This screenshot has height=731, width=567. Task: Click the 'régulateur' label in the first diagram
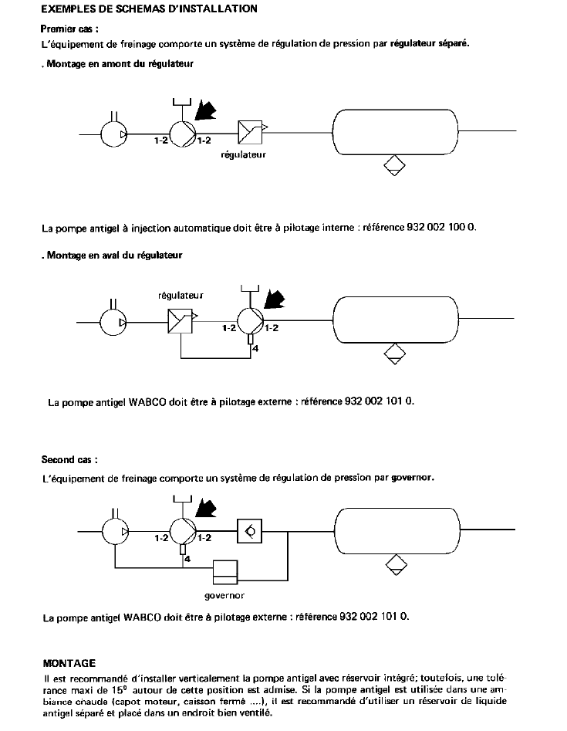coord(243,155)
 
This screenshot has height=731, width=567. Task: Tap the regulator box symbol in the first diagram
coord(251,133)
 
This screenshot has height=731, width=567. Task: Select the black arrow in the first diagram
coord(206,110)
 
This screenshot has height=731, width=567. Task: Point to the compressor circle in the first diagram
coord(114,134)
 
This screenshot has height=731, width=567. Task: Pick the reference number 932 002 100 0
coord(441,228)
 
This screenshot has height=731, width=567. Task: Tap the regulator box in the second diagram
coord(181,319)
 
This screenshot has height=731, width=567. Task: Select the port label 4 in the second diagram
coord(255,350)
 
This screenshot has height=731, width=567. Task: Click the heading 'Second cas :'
coord(69,459)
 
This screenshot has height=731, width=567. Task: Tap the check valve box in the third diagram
coord(251,530)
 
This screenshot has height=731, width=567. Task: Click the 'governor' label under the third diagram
coord(224,596)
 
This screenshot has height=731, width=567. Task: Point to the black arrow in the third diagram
coord(206,508)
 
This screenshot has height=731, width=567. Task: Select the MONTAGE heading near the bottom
coord(69,662)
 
